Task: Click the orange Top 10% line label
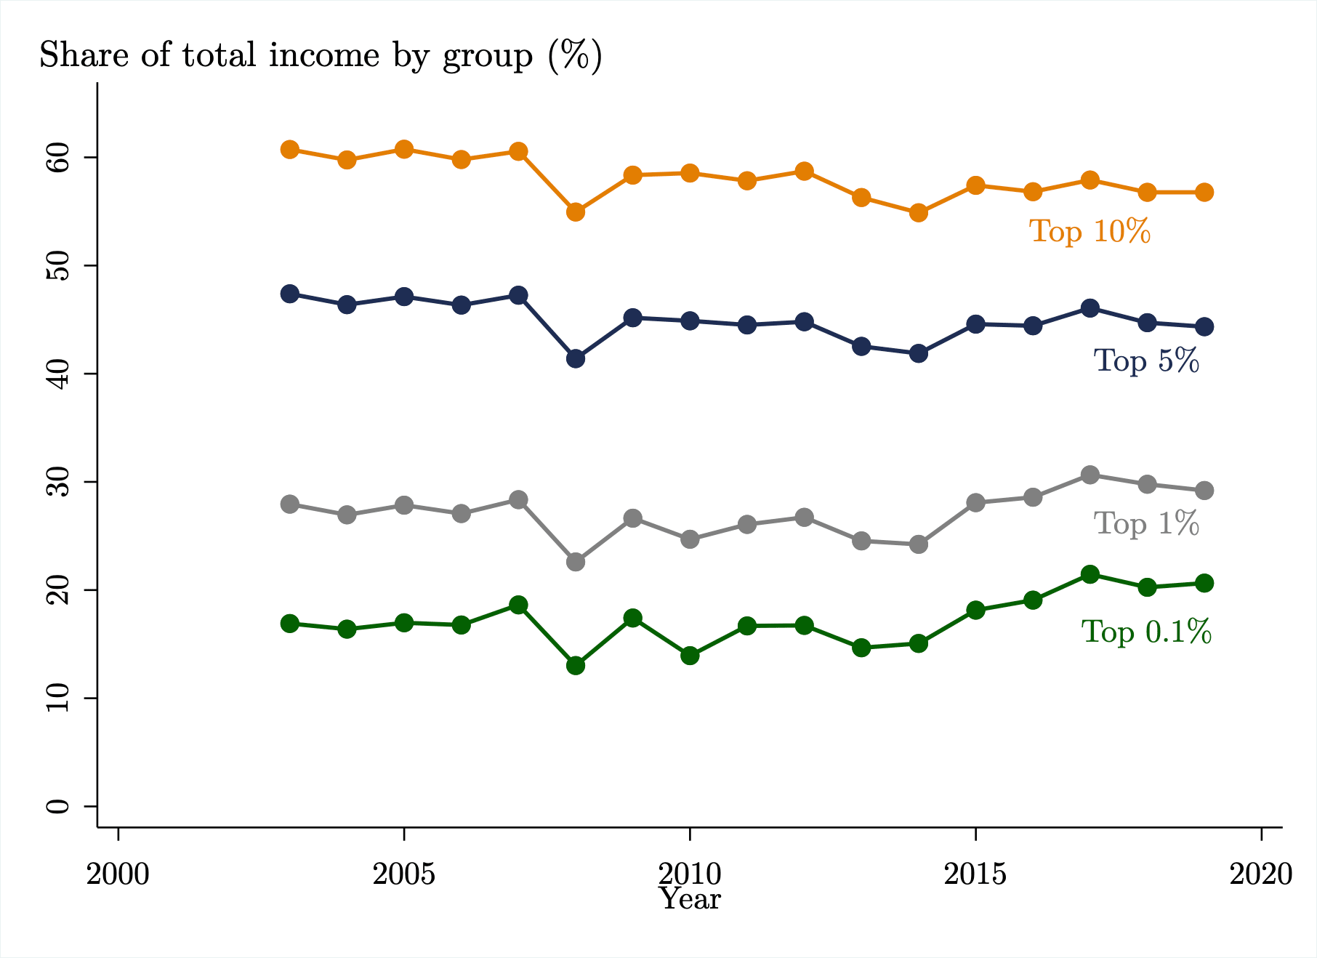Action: point(1090,231)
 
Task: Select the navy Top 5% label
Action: point(1146,361)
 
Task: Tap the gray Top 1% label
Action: point(1146,523)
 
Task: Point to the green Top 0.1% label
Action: point(1146,632)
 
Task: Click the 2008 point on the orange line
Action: point(576,212)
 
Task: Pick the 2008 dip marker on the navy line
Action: point(576,358)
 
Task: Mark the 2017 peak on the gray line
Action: point(1090,475)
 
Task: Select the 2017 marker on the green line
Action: point(1090,574)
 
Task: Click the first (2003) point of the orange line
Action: point(290,150)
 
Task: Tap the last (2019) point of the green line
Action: point(1204,583)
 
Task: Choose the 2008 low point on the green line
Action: point(576,665)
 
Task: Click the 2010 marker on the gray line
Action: point(690,539)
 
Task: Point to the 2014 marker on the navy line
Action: point(919,353)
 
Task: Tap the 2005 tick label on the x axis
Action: point(403,874)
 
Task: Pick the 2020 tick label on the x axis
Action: point(1261,874)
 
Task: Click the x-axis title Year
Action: point(690,900)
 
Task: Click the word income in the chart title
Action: point(324,55)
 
